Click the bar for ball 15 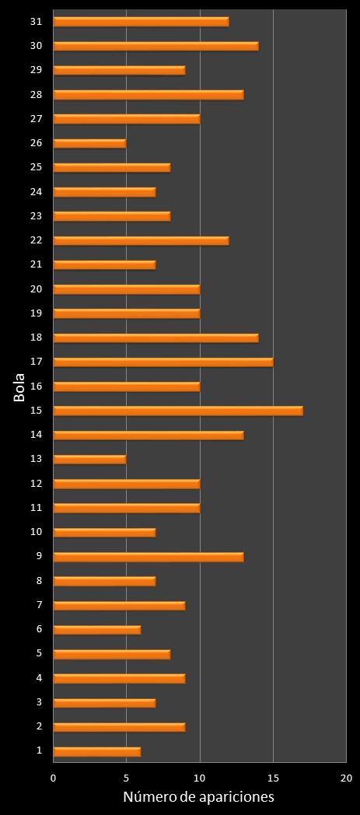click(178, 411)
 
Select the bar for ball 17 click(163, 362)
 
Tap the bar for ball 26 click(89, 143)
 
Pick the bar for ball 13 click(89, 459)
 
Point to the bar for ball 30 click(156, 46)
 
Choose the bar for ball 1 click(97, 751)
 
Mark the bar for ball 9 click(149, 557)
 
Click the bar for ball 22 click(141, 240)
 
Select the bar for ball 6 click(97, 629)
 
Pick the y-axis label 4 click(39, 678)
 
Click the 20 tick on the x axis click(346, 778)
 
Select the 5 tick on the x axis click(127, 778)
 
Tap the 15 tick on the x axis click(273, 778)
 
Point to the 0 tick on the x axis click(54, 778)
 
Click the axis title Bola click(19, 387)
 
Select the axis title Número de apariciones click(199, 798)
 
